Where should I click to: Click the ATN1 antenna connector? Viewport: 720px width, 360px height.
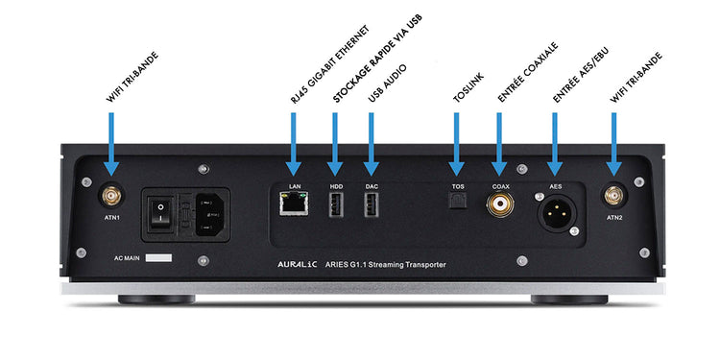111,197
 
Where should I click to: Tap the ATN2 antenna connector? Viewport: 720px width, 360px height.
613,197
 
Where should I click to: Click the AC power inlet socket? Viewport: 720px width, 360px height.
210,214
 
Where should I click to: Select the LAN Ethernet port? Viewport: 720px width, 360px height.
295,204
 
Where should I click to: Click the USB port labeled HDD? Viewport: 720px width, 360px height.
336,204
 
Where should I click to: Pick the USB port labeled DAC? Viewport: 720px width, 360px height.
371,204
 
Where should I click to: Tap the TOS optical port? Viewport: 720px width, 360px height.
457,201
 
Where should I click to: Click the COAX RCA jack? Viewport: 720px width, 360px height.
500,204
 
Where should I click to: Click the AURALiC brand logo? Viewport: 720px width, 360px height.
298,265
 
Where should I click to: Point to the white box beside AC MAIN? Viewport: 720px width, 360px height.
158,258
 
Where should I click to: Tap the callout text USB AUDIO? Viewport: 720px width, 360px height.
387,84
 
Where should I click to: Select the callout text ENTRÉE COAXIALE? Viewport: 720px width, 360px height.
528,72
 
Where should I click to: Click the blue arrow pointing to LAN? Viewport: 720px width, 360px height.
294,144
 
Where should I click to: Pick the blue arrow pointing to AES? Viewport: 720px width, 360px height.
555,144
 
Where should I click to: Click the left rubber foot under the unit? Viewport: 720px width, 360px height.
156,300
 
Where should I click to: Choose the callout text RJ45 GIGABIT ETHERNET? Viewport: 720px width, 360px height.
329,63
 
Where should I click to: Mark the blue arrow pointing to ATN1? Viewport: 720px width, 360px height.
111,144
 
